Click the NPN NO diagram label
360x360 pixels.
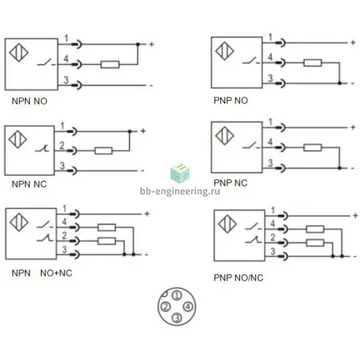(30, 102)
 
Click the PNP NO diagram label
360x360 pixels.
(230, 101)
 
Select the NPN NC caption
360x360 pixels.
(29, 184)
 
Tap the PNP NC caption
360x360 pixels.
(230, 183)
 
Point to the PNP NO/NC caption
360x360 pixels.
(238, 278)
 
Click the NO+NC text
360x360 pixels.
(56, 273)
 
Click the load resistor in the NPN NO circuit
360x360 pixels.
(110, 64)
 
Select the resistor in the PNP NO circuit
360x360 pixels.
(313, 62)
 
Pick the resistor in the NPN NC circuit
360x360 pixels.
(103, 150)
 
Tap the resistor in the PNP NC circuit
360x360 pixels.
(313, 147)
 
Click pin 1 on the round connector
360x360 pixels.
(177, 295)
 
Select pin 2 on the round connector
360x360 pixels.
(166, 306)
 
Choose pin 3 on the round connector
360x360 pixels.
(177, 318)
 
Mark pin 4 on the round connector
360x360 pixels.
(188, 306)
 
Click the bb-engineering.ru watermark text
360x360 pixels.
(180, 191)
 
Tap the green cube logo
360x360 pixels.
(180, 174)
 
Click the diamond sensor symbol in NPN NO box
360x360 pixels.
(18, 52)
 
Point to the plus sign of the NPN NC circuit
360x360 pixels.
(143, 131)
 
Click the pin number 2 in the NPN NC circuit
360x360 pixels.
(62, 146)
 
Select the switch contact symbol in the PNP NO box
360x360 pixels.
(250, 62)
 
